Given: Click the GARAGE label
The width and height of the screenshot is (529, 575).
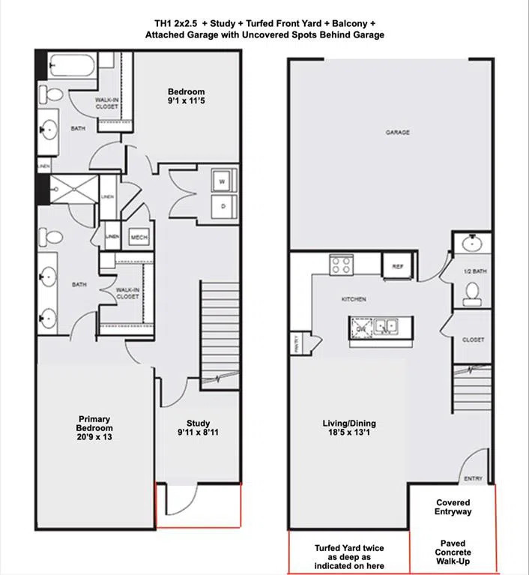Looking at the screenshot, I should click(397, 132).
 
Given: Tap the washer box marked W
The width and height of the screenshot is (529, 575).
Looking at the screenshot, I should click(223, 181).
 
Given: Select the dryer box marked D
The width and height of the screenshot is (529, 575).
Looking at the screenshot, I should click(223, 205).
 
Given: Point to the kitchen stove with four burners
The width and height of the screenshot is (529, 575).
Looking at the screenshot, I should click(342, 265).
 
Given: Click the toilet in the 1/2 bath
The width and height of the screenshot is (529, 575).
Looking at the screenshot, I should click(472, 295).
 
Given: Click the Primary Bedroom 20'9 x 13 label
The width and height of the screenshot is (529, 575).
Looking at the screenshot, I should click(95, 427).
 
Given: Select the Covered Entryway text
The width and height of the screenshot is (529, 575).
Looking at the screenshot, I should click(453, 508).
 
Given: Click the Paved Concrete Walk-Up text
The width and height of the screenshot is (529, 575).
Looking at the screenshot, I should click(453, 553).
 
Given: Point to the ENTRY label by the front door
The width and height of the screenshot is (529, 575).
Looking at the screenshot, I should click(474, 479).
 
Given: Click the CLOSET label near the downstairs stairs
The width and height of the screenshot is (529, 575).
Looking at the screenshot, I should click(473, 340).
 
